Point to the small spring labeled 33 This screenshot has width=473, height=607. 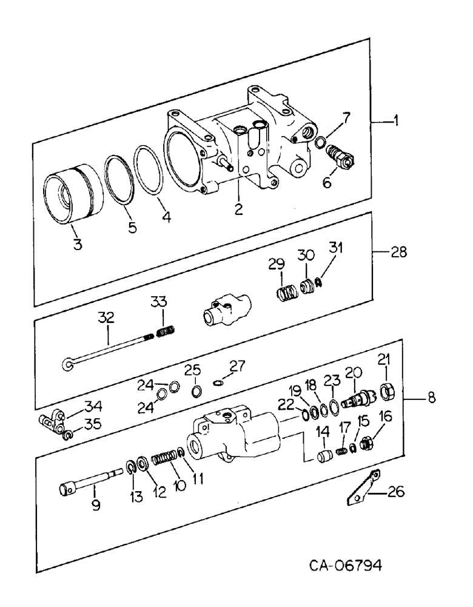coord(165,332)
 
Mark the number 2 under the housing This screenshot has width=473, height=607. coord(239,209)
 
